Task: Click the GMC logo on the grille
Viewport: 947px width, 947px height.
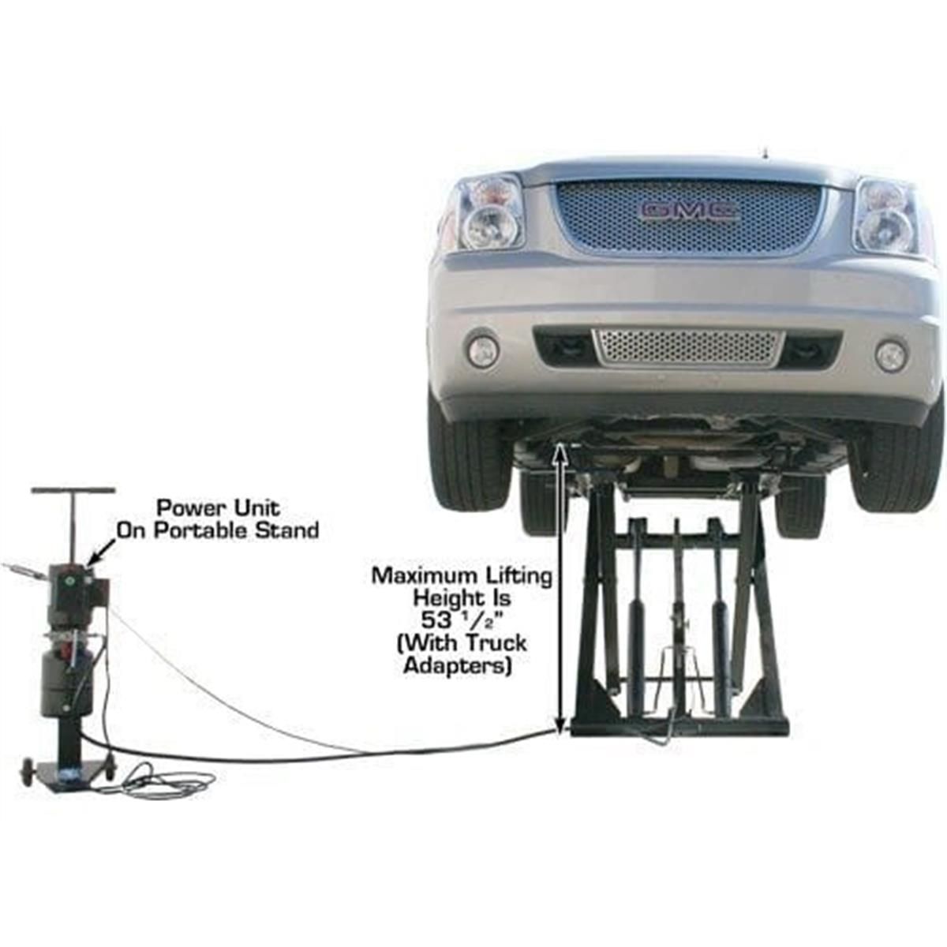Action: click(688, 210)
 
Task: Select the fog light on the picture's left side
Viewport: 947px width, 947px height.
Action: click(483, 350)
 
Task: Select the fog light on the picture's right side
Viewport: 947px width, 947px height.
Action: click(890, 356)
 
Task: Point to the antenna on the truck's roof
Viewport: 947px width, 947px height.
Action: click(764, 151)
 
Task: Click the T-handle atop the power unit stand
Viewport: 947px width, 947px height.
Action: click(73, 491)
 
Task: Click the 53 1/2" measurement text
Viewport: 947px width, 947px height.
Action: click(462, 620)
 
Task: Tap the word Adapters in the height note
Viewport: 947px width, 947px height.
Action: click(457, 665)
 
